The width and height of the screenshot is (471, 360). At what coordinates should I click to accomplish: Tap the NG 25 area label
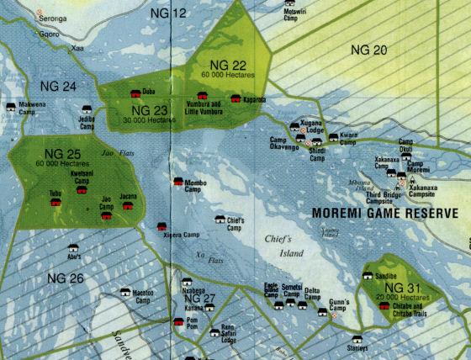pyautogui.click(x=62, y=154)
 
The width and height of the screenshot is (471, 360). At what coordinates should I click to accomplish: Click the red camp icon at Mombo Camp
pyautogui.click(x=177, y=181)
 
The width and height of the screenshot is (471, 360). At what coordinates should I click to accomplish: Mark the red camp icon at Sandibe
pyautogui.click(x=367, y=274)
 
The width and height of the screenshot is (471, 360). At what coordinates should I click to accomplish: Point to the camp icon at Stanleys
pyautogui.click(x=357, y=340)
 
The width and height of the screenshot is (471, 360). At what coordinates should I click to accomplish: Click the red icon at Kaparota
pyautogui.click(x=235, y=98)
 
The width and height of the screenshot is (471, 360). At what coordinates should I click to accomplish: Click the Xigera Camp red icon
pyautogui.click(x=161, y=226)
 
